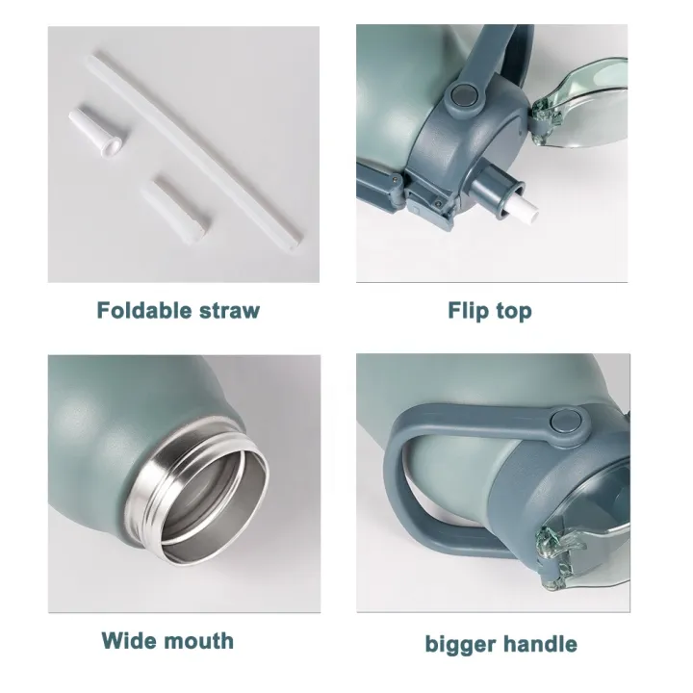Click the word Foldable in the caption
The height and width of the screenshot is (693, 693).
pos(144,310)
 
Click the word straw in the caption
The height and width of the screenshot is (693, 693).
pos(229,311)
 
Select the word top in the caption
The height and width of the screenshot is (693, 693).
pos(514,312)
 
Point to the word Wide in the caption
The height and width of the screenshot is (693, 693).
pos(130,641)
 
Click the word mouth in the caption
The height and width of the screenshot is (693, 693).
pos(200,641)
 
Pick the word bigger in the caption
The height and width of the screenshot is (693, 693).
pos(460,645)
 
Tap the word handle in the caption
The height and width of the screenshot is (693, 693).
pos(540,644)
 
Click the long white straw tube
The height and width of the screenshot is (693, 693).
pos(196,152)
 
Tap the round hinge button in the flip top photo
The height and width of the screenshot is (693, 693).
pos(462,95)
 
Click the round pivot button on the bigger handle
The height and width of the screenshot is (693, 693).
pos(565,423)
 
